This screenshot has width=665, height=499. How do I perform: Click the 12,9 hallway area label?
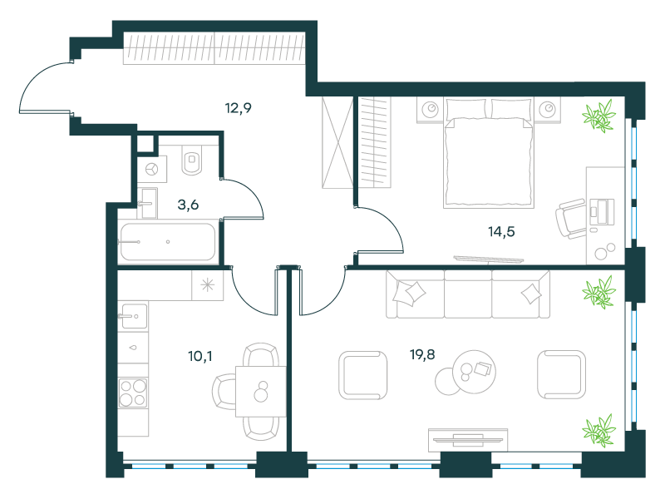pyautogui.click(x=239, y=108)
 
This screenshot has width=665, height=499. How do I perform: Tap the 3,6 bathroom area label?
pyautogui.click(x=188, y=205)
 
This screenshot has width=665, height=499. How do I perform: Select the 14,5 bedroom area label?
pyautogui.click(x=501, y=232)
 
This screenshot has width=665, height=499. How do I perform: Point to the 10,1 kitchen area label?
pyautogui.click(x=200, y=356)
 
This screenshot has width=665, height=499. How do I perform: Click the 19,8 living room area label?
pyautogui.click(x=422, y=354)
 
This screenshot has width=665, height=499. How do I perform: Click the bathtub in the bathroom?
pyautogui.click(x=168, y=241)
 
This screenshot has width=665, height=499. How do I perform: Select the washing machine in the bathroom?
pyautogui.click(x=152, y=170)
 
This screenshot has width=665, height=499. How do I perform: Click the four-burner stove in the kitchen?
pyautogui.click(x=133, y=393)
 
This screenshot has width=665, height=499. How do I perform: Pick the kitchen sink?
pyautogui.click(x=133, y=316)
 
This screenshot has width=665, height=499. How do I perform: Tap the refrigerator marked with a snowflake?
pyautogui.click(x=207, y=285)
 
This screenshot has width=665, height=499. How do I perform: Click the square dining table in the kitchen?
pyautogui.click(x=261, y=391)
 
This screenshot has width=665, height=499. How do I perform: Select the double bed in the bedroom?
pyautogui.click(x=488, y=153)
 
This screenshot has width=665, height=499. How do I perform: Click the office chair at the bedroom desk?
pyautogui.click(x=571, y=218)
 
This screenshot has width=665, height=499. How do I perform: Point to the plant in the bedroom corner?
pyautogui.click(x=598, y=116)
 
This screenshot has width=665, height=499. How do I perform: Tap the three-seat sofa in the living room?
pyautogui.click(x=468, y=294)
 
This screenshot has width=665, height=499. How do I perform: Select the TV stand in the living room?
pyautogui.click(x=468, y=440)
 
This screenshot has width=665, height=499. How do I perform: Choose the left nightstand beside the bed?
pyautogui.click(x=430, y=110)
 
